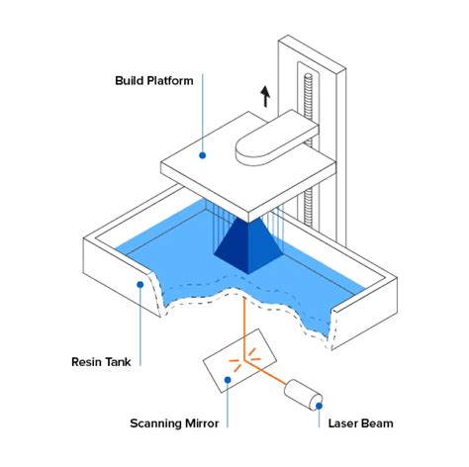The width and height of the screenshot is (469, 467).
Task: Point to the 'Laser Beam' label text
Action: pyautogui.click(x=360, y=423)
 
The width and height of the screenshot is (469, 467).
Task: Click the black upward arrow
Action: pyautogui.click(x=265, y=95)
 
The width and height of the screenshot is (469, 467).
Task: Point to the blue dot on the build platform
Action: pyautogui.click(x=202, y=153)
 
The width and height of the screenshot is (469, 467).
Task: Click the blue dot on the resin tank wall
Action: pyautogui.click(x=141, y=285)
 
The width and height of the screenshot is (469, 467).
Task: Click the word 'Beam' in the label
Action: pyautogui.click(x=377, y=423)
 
